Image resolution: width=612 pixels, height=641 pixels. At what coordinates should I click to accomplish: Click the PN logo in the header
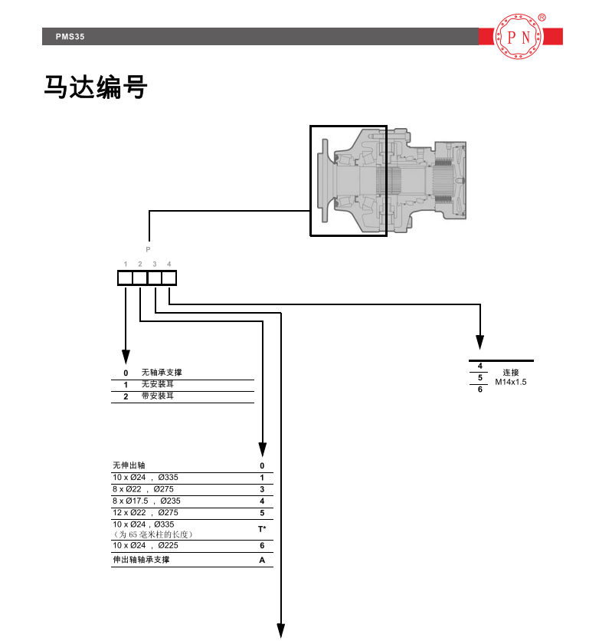tap(521, 36)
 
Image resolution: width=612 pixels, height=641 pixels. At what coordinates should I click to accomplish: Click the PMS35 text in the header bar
tap(70, 36)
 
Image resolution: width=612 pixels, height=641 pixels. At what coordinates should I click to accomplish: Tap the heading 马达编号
tap(95, 87)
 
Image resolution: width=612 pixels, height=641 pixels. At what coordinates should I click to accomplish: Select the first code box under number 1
tap(125, 278)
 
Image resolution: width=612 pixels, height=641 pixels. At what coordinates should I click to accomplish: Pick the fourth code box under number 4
tap(169, 278)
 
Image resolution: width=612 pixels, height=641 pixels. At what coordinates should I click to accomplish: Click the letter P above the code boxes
tap(148, 249)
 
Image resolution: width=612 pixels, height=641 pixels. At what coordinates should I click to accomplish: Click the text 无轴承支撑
tap(162, 373)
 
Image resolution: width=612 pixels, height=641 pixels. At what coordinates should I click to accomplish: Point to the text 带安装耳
tap(158, 396)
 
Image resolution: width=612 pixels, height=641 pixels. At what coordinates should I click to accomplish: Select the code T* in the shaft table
tap(261, 529)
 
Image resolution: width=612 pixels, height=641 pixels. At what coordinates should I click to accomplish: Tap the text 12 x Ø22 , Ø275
tap(145, 512)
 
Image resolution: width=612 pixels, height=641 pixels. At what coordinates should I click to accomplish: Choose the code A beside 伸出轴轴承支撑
tap(261, 560)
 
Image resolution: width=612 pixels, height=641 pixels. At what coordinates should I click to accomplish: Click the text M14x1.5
tap(511, 381)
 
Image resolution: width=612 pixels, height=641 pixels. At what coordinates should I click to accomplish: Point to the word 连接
tap(511, 372)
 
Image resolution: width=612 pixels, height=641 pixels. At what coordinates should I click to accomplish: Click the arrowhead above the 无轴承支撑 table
tap(126, 357)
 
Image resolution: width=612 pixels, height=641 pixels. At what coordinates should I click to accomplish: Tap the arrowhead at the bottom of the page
tap(281, 631)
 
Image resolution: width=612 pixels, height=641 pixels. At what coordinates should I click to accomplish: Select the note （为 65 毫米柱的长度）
tap(152, 534)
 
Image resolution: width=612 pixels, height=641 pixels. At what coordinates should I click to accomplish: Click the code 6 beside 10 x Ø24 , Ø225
tap(261, 546)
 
